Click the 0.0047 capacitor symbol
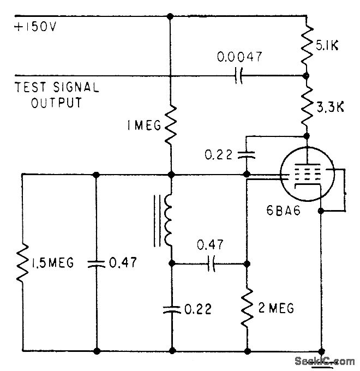tap(238, 76)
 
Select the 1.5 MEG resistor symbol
tap(22, 264)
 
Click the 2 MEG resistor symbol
tap(247, 309)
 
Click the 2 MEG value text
tap(275, 309)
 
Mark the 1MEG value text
tap(139, 127)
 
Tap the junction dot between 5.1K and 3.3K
tap(306, 76)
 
